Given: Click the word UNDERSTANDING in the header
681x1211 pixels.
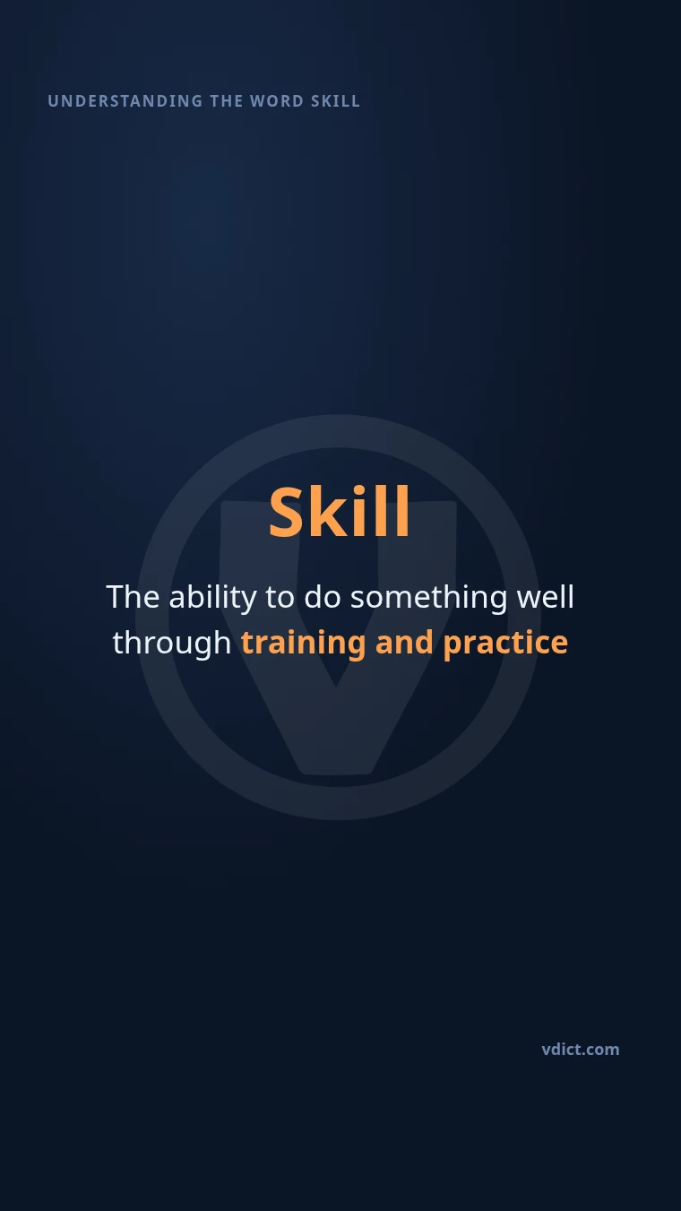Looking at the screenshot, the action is pyautogui.click(x=125, y=101).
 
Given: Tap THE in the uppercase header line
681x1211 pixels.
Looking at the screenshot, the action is pyautogui.click(x=227, y=101).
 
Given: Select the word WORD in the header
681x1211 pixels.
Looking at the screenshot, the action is pyautogui.click(x=277, y=101).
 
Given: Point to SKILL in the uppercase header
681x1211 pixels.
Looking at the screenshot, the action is pyautogui.click(x=336, y=101).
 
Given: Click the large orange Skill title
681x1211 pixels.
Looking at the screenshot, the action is pyautogui.click(x=340, y=512).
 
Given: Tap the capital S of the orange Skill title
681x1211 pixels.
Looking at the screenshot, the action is pyautogui.click(x=286, y=512).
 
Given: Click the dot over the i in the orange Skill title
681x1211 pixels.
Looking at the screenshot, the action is pyautogui.click(x=358, y=489).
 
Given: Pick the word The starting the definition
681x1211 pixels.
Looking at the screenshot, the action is pyautogui.click(x=133, y=597).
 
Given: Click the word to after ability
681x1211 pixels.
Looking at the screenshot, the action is pyautogui.click(x=280, y=598).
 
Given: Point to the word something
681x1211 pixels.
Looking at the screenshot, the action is pyautogui.click(x=429, y=598).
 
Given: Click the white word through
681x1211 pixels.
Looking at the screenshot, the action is pyautogui.click(x=172, y=644).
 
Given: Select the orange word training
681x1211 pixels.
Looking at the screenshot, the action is pyautogui.click(x=304, y=644).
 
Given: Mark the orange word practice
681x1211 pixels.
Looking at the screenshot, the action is pyautogui.click(x=505, y=644).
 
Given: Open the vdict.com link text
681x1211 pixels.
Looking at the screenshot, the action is pyautogui.click(x=581, y=1050).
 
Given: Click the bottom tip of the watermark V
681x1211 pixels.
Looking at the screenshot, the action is pyautogui.click(x=336, y=773).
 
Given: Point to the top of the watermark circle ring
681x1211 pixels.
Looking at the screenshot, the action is pyautogui.click(x=339, y=431).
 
